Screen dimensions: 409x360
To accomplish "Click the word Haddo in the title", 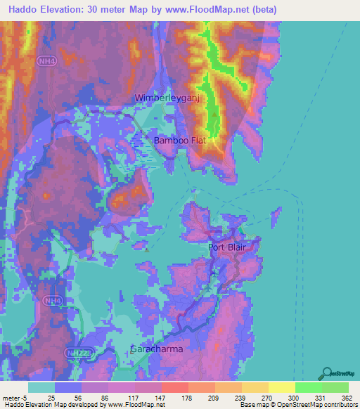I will coord(20,10).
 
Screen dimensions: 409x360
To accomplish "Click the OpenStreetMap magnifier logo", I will coord(327,373).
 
